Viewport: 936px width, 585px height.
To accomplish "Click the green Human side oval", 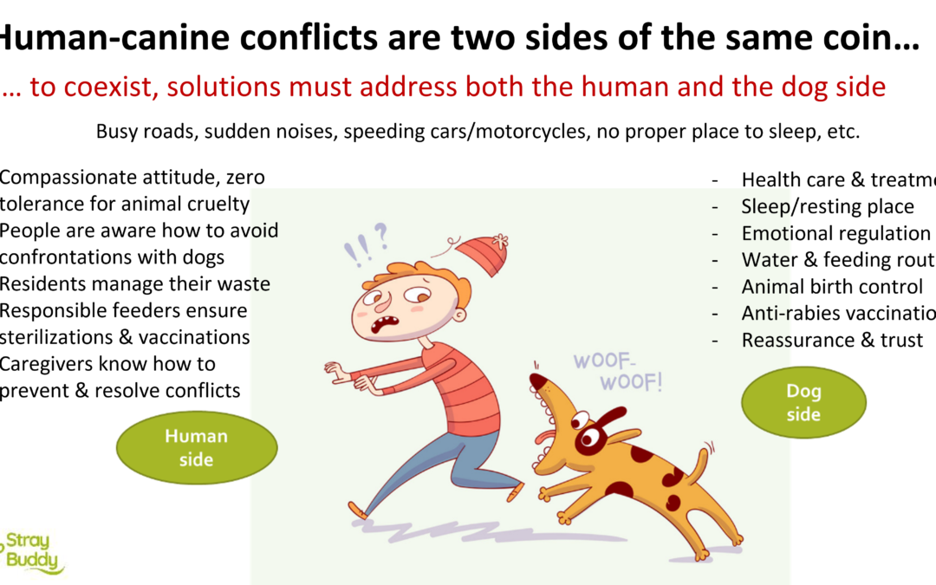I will click(x=196, y=447).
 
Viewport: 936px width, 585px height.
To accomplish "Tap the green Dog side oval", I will click(x=803, y=402).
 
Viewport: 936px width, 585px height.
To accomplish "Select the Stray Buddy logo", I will click(x=35, y=554).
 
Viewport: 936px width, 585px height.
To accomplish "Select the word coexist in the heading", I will click(x=90, y=88).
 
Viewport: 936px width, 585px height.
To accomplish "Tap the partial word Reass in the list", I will click(x=766, y=340).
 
